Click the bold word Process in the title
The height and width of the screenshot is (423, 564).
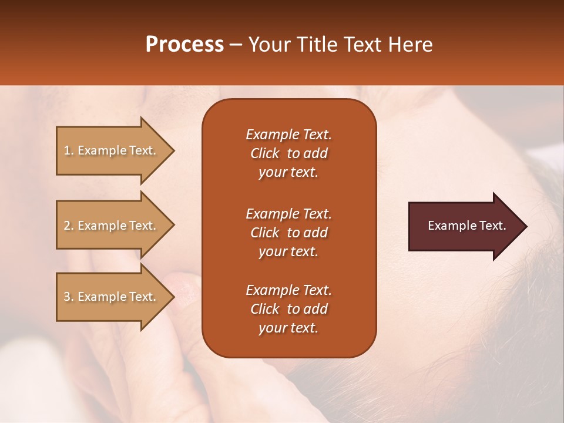coord(184,45)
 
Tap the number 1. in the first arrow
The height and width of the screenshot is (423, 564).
coord(69,151)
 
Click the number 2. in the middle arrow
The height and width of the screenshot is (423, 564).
coord(69,226)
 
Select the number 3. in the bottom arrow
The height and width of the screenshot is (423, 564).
coord(69,297)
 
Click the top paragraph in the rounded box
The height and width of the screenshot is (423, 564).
coord(288,153)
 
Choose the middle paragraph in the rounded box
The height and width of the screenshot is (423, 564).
coord(288,233)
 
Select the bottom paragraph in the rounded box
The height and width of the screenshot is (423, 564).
coord(288,309)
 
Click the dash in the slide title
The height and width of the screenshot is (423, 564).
coord(236,45)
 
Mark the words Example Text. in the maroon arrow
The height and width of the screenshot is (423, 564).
coord(467,226)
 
